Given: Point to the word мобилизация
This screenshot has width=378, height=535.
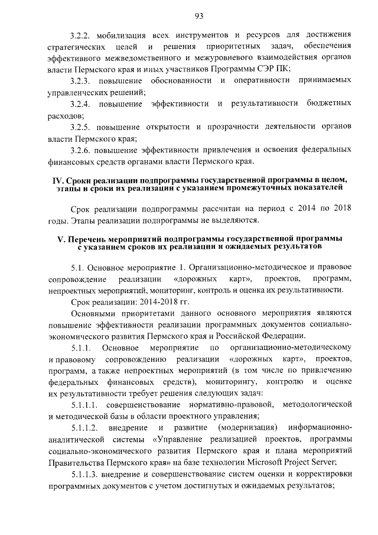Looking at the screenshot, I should pos(122,34).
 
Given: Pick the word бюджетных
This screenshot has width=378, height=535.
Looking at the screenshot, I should pos(328,105).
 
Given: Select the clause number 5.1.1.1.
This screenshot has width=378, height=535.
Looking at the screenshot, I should pos(84,405).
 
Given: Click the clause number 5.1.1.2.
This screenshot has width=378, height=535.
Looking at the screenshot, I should pos(84,427).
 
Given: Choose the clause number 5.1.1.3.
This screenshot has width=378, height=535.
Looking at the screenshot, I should pos(84,474).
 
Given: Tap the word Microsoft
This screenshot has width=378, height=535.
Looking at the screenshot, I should pos(266,462).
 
